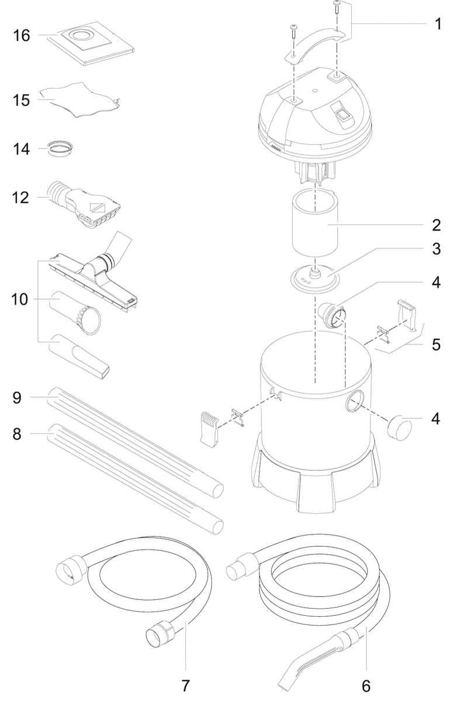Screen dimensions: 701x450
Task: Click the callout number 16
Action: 22,36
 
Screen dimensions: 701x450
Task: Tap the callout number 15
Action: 22,100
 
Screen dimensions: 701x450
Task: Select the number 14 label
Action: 22,150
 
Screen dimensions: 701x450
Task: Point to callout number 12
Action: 22,198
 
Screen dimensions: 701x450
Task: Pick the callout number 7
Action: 186,685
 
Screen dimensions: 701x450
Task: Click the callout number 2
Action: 436,225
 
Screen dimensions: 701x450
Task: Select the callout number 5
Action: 436,344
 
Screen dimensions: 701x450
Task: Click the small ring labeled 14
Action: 63,148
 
